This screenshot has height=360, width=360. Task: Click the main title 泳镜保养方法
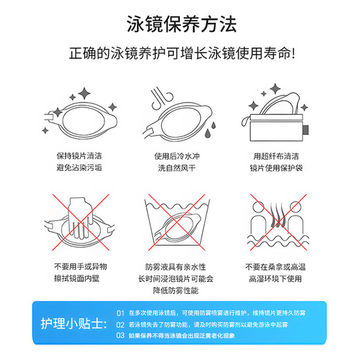pyautogui.click(x=181, y=24)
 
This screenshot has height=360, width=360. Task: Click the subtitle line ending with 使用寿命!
pyautogui.click(x=182, y=53)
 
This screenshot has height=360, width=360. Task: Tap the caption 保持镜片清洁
pyautogui.click(x=79, y=156)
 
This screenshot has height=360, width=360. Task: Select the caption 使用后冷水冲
pyautogui.click(x=177, y=156)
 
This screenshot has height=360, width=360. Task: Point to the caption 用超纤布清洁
pyautogui.click(x=276, y=156)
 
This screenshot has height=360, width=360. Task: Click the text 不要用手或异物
pyautogui.click(x=80, y=267)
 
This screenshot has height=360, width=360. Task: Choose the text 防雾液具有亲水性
pyautogui.click(x=175, y=267)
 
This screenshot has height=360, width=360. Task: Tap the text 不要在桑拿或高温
pyautogui.click(x=276, y=267)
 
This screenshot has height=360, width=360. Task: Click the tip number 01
pyautogui.click(x=120, y=313)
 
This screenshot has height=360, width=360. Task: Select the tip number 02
pyautogui.click(x=120, y=325)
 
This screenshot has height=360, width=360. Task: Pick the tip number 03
pyautogui.click(x=120, y=335)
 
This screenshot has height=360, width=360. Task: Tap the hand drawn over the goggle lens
pyautogui.click(x=80, y=218)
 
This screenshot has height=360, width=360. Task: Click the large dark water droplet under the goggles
pyautogui.click(x=208, y=134)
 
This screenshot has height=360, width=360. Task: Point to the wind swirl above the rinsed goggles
pyautogui.click(x=161, y=98)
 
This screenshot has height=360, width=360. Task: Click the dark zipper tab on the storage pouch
pyautogui.click(x=306, y=130)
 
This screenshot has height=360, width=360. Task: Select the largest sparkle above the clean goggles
pyautogui.click(x=84, y=93)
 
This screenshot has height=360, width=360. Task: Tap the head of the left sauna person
pyautogui.click(x=258, y=207)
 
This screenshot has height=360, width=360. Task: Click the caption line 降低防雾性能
pyautogui.click(x=176, y=291)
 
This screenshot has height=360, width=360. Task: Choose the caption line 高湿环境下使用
pyautogui.click(x=276, y=279)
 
